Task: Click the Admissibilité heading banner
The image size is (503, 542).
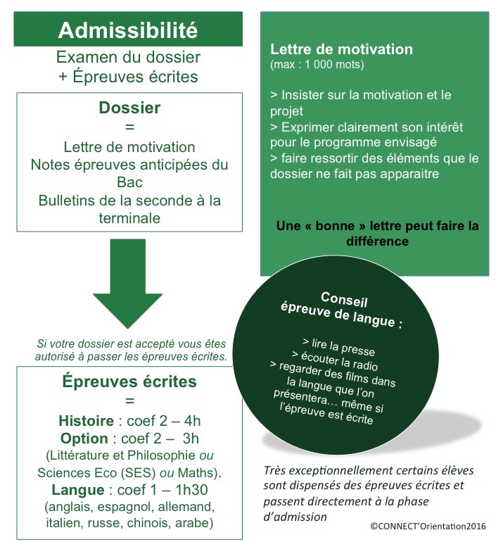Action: pos(128,30)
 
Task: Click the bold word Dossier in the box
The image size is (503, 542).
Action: pos(129,108)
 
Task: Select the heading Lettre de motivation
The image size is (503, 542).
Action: pos(341,50)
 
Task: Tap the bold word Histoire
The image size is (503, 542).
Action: pos(86,422)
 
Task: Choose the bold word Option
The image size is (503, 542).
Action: pos(84,439)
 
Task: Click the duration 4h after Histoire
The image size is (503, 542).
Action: pos(191,422)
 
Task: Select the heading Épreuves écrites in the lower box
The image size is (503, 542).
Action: pos(129,382)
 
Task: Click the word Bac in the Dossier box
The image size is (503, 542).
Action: pos(129,183)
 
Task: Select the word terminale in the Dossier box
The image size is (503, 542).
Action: pos(129,218)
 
